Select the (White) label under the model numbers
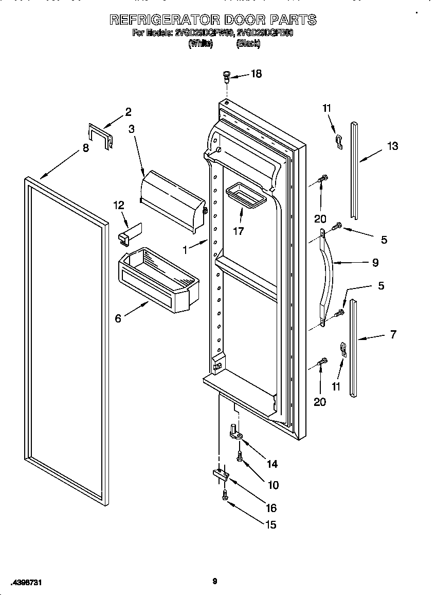click(200, 44)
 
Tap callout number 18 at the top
click(256, 74)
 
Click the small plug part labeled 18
click(227, 77)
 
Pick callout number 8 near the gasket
click(85, 148)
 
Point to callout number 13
click(392, 146)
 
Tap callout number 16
click(270, 508)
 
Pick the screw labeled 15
click(225, 495)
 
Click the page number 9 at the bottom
click(215, 582)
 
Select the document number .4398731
click(25, 582)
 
